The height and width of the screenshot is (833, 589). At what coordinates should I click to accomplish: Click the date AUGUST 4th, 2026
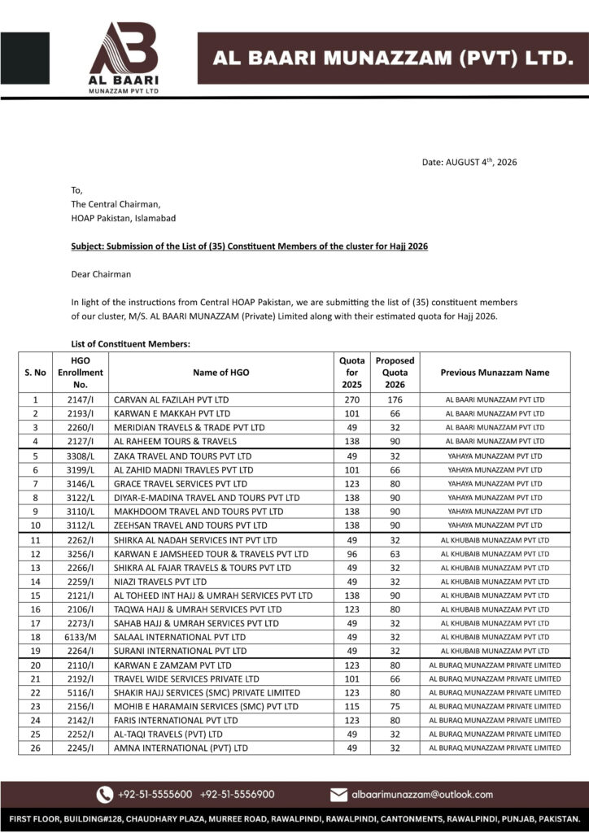[469, 163]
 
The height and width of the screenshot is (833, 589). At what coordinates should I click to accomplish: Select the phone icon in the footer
[104, 794]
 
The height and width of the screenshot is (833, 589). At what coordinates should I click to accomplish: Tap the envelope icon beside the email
[339, 794]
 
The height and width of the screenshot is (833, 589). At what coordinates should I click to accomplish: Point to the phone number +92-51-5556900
[237, 794]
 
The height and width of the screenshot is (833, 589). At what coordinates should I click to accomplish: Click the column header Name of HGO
[221, 373]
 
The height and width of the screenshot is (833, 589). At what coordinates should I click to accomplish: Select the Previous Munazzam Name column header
[495, 373]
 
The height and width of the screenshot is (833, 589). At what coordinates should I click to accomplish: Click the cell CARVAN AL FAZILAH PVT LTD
[171, 400]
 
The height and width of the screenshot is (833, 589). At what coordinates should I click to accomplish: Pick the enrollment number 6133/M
[81, 637]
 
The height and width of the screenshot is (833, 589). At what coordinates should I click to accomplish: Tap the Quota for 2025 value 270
[352, 400]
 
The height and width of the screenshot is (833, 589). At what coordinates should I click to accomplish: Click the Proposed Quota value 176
[395, 400]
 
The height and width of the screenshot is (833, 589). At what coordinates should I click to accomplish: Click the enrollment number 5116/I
[81, 692]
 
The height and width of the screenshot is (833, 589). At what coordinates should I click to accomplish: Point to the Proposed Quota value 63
[395, 554]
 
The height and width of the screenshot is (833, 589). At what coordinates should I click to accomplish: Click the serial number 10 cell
[35, 526]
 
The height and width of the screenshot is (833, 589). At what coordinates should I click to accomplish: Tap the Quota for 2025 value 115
[352, 706]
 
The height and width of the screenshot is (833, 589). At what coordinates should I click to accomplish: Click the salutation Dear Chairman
[101, 274]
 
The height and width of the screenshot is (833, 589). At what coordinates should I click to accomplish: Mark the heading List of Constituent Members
[130, 344]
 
